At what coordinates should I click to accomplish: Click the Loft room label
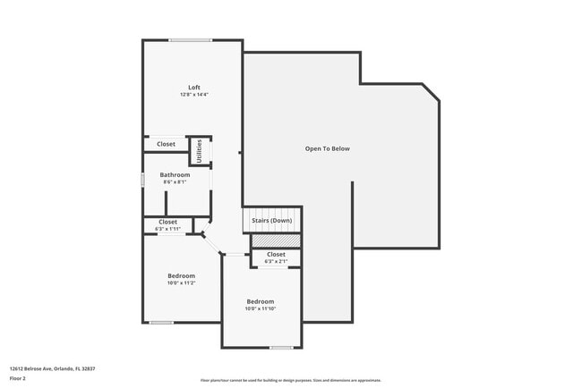193,87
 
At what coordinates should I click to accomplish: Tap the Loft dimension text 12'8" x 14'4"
193,94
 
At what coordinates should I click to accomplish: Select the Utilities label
199,151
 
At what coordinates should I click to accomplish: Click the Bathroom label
175,174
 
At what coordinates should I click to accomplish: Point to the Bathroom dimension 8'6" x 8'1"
175,181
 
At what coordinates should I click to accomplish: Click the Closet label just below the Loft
167,144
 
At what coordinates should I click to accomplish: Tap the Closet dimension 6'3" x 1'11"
168,229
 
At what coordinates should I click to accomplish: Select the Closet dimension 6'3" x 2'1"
276,261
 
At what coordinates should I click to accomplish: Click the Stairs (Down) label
271,220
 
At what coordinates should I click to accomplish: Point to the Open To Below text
327,148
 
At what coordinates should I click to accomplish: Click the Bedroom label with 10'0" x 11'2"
181,275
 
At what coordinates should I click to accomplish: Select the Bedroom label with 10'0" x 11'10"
261,301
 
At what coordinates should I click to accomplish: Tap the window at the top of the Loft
191,39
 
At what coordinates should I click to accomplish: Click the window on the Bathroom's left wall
142,180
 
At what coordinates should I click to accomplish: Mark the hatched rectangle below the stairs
276,240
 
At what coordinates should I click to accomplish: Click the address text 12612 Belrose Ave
52,368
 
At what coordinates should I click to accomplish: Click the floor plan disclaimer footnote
291,380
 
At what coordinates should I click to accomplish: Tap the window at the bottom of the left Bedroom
161,323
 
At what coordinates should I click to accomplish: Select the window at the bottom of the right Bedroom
281,348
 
